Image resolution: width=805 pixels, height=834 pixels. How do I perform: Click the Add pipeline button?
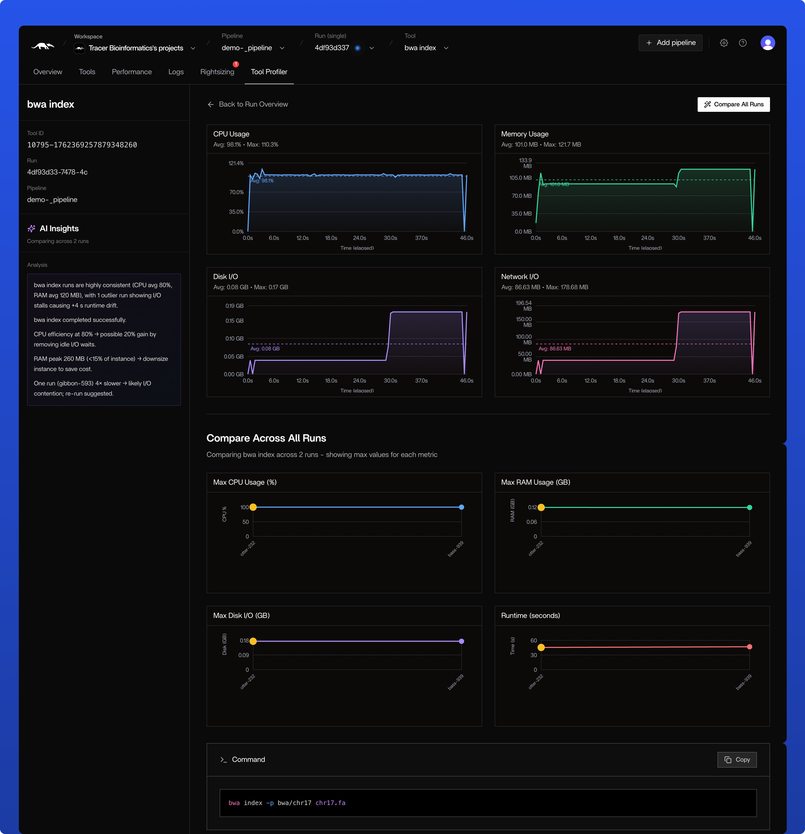(670, 43)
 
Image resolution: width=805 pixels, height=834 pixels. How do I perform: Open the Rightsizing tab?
(217, 72)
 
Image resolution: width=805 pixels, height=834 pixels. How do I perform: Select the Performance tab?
(132, 72)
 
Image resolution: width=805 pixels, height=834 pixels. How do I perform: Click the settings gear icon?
(724, 43)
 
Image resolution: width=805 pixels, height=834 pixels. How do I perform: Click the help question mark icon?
(742, 43)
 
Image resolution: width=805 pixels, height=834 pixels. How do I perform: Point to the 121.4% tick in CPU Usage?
(236, 163)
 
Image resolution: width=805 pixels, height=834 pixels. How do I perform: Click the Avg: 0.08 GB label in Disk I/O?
(265, 349)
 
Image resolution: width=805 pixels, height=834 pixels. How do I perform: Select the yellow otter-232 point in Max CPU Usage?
(253, 507)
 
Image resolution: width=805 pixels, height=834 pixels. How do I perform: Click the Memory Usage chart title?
(525, 134)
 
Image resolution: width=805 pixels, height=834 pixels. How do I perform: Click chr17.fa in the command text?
(330, 803)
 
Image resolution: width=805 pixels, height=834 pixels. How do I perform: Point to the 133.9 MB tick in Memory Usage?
(525, 163)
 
